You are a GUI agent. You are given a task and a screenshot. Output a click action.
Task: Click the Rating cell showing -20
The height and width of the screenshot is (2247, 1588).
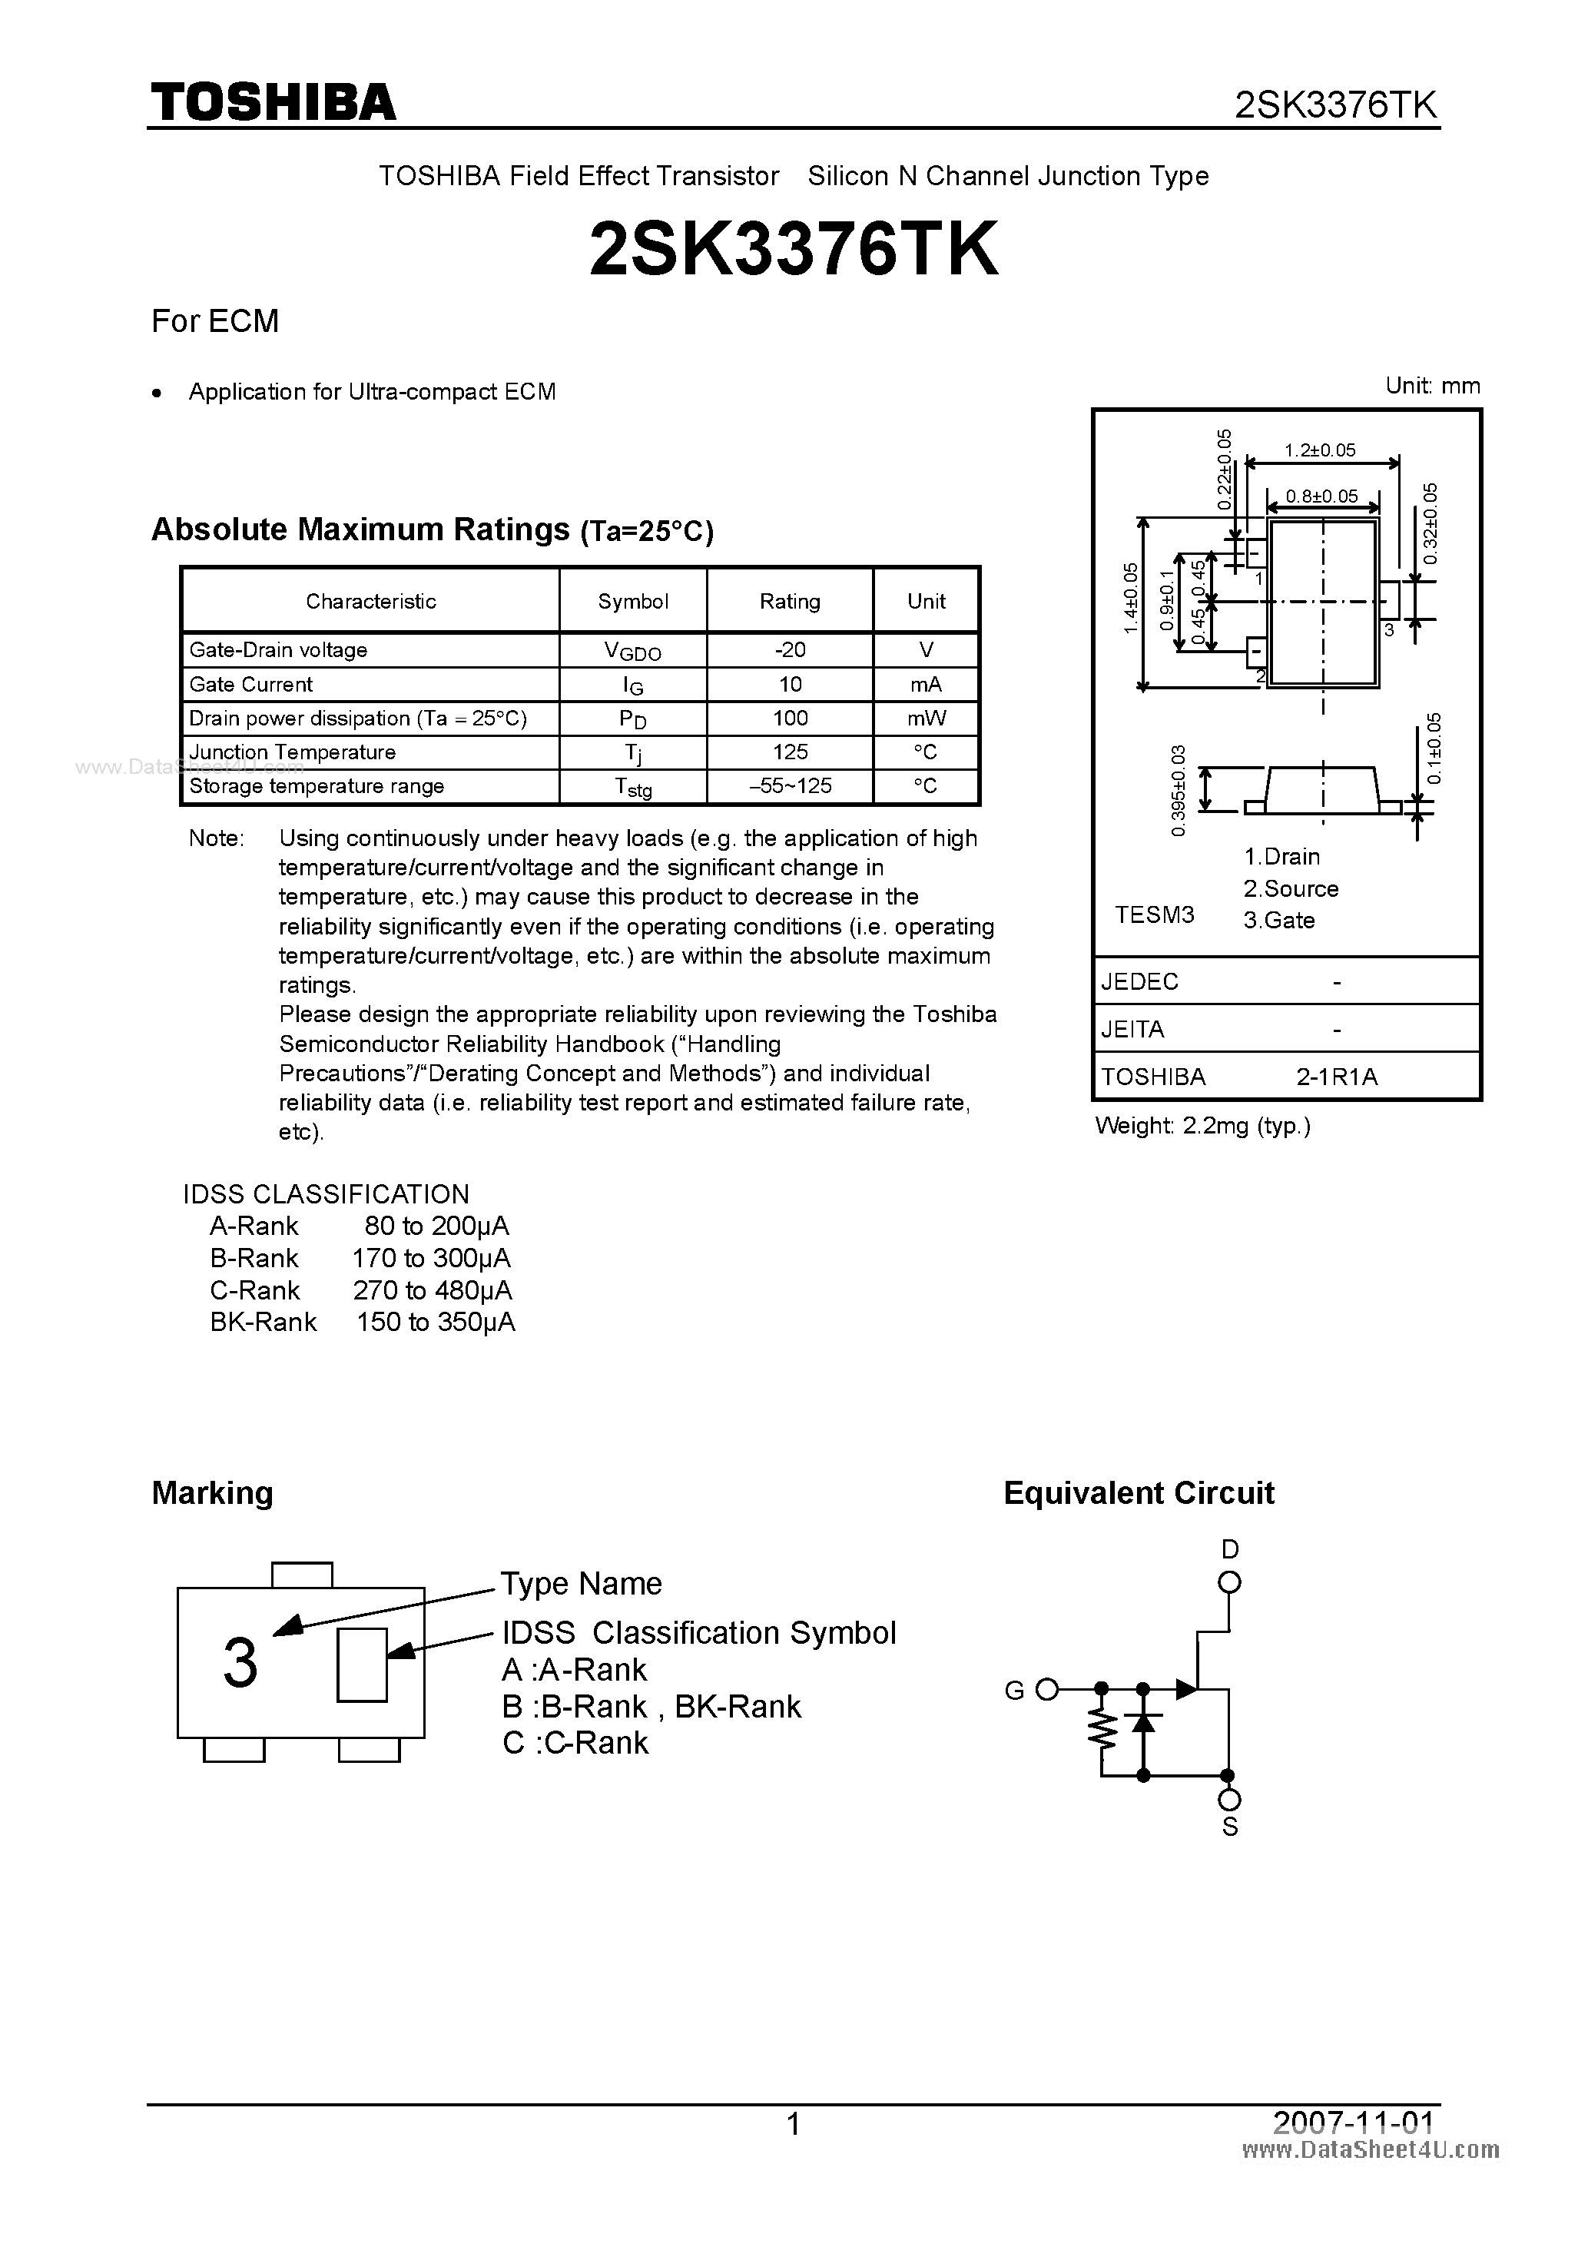click(790, 650)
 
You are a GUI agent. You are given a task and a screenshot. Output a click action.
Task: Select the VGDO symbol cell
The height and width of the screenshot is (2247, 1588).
click(632, 651)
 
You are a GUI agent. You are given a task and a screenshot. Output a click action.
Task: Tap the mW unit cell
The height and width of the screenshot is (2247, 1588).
click(926, 719)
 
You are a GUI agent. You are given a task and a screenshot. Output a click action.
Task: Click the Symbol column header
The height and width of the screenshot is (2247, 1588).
click(633, 601)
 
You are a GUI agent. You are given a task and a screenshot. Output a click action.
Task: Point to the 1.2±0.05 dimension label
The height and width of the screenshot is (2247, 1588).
click(1320, 450)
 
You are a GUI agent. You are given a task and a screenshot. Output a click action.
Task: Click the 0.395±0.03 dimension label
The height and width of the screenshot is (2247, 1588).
click(1178, 790)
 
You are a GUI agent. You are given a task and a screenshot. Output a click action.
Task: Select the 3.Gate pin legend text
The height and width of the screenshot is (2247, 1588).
click(1279, 920)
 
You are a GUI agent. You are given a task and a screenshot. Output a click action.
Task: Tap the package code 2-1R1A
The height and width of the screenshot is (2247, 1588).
click(1337, 1077)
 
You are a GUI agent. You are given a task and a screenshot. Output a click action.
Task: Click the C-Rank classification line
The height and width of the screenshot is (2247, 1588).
click(360, 1289)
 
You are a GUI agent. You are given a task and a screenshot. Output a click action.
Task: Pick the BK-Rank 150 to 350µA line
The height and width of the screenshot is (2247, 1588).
click(362, 1323)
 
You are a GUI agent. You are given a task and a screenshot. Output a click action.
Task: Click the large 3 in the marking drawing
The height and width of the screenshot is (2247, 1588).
click(240, 1664)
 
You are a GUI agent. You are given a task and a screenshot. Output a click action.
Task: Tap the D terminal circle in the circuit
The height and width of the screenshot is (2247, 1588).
click(1230, 1582)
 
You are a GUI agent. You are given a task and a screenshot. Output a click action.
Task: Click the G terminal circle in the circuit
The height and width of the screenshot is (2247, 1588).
click(1047, 1689)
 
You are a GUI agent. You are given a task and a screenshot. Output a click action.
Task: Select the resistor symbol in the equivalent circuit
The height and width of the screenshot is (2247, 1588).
click(1102, 1731)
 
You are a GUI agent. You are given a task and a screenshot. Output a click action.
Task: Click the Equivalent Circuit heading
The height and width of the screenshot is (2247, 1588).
click(1139, 1493)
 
